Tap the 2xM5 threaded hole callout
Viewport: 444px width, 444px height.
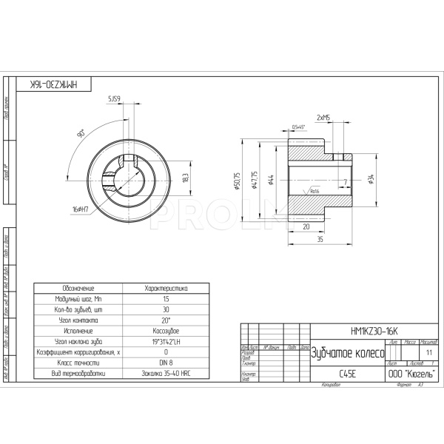coord(323,118)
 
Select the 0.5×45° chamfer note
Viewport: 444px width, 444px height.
coord(300,127)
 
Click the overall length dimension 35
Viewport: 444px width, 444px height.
coord(320,240)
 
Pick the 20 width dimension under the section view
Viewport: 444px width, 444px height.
coord(306,227)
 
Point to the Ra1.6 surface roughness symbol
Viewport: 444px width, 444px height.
coord(313,190)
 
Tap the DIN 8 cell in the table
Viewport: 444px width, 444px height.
coord(166,363)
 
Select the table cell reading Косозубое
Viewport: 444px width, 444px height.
coord(166,332)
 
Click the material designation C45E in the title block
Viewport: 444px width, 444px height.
coord(347,374)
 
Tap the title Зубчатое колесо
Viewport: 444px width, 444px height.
coord(346,352)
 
